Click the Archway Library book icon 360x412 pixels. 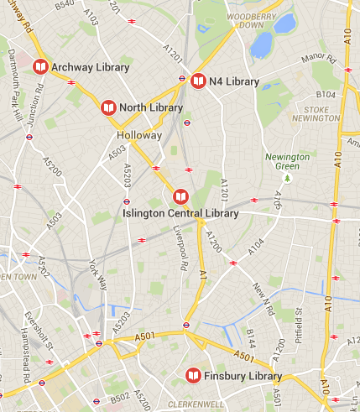[x=39, y=67]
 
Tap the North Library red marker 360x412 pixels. [x=108, y=108]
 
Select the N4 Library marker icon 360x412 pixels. [x=198, y=81]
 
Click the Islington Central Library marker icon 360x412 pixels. [x=180, y=197]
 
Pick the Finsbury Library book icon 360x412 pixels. [x=194, y=375]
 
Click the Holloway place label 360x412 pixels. [x=139, y=134]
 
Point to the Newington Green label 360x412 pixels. [x=287, y=161]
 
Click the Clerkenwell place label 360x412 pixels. [x=195, y=404]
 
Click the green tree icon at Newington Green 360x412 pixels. [x=287, y=177]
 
